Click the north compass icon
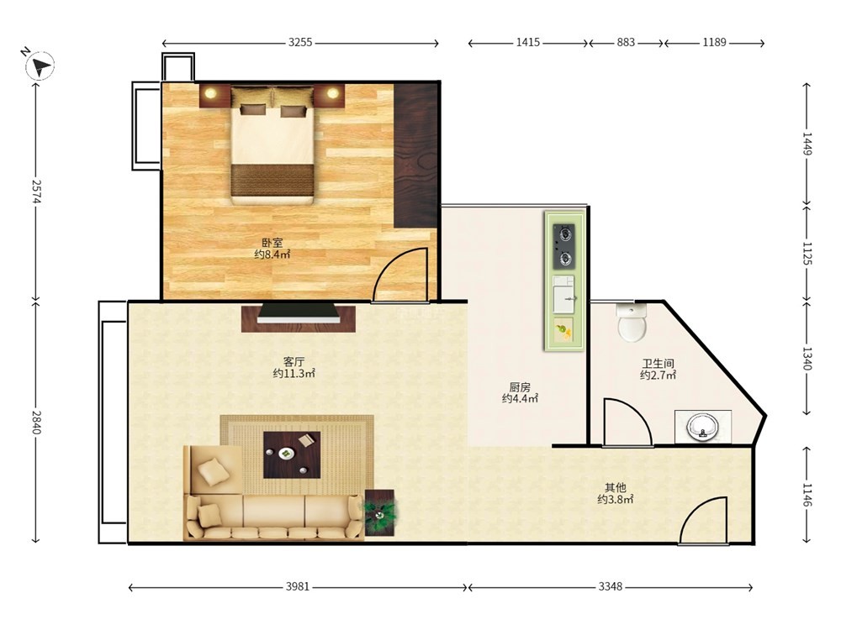(x=40, y=66)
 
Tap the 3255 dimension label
(x=300, y=42)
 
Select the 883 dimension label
(x=626, y=42)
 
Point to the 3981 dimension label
(x=297, y=586)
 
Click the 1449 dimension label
(x=807, y=144)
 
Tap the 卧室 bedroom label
(x=272, y=243)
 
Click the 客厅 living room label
(x=294, y=361)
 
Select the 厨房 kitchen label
(x=520, y=386)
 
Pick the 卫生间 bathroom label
(x=658, y=364)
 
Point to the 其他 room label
(x=616, y=487)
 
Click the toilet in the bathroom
(x=632, y=322)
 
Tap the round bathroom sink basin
(x=702, y=427)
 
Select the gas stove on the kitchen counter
(x=564, y=246)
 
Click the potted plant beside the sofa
(x=380, y=512)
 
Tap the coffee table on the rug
(x=292, y=454)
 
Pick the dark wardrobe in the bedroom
(x=415, y=155)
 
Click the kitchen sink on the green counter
(x=563, y=295)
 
